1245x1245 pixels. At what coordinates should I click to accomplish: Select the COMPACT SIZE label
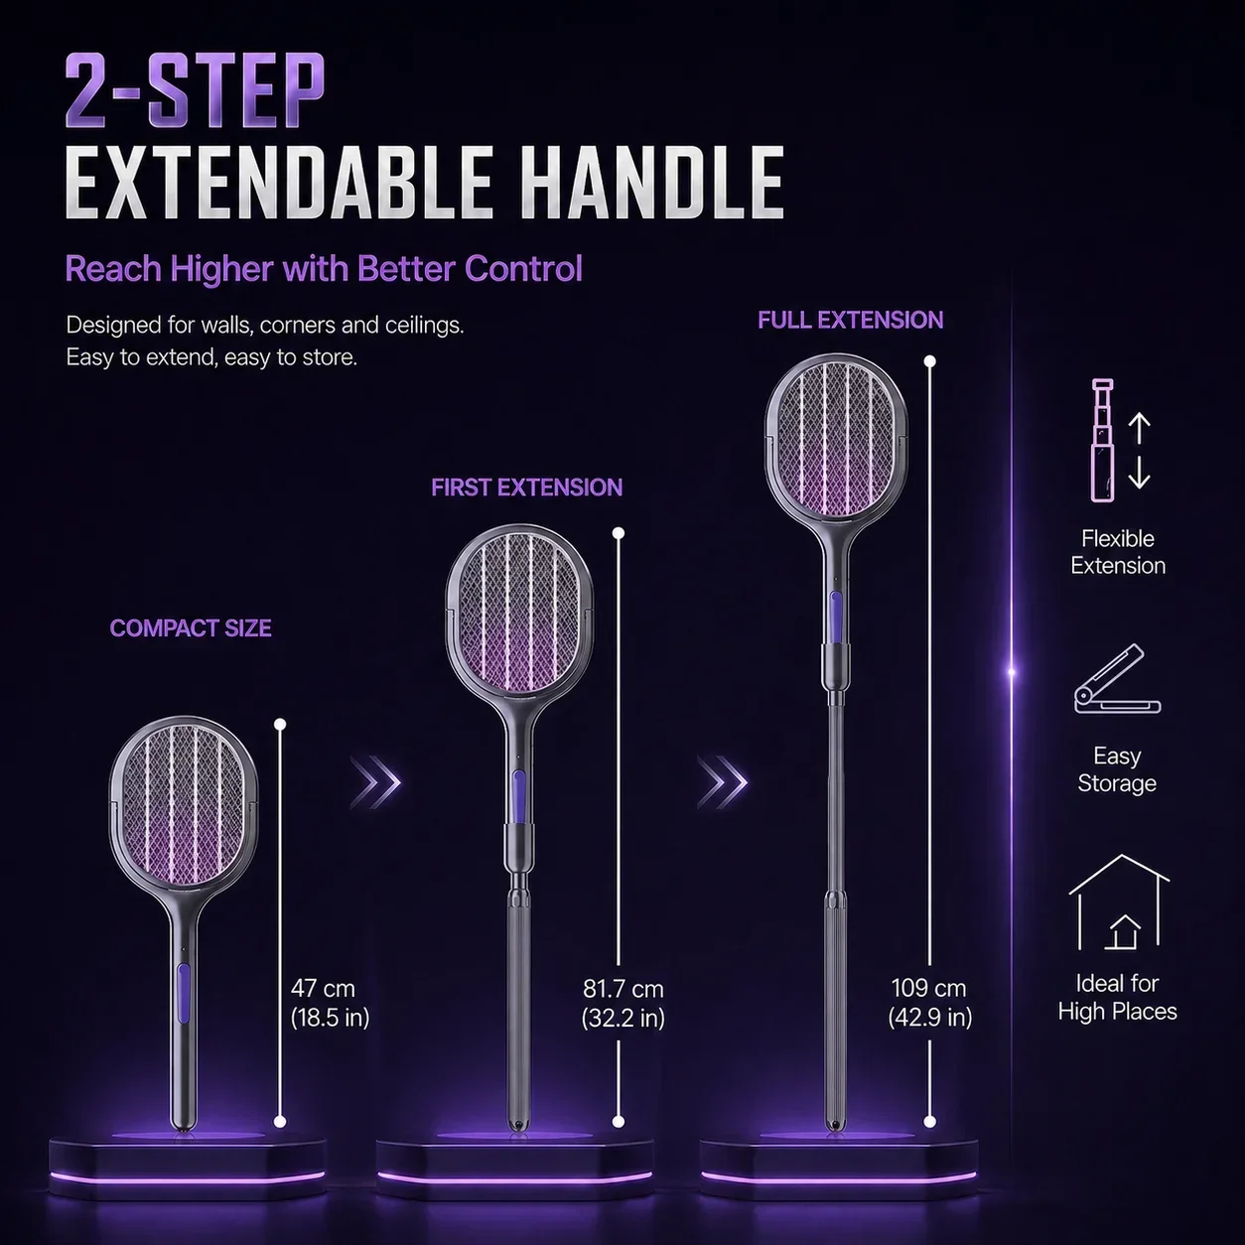click(191, 628)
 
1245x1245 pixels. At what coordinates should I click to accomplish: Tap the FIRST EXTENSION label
click(526, 487)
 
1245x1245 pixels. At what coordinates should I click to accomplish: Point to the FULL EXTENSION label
click(850, 320)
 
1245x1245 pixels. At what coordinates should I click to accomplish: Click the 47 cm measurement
click(323, 988)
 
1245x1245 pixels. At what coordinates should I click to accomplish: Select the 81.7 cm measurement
click(622, 989)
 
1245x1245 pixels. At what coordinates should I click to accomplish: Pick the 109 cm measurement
click(928, 988)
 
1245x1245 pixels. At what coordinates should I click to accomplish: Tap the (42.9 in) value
click(929, 1018)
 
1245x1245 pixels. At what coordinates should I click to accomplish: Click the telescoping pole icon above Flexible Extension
click(1103, 440)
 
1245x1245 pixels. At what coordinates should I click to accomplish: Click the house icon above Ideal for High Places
click(1118, 901)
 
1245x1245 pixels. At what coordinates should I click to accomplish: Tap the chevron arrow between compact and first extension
click(375, 781)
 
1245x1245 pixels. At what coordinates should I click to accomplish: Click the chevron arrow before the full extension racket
click(723, 781)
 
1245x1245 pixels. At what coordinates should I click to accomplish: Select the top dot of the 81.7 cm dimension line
click(619, 533)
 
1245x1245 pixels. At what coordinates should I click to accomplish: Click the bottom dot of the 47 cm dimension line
click(280, 1122)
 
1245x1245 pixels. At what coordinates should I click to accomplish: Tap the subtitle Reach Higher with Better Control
click(324, 269)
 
